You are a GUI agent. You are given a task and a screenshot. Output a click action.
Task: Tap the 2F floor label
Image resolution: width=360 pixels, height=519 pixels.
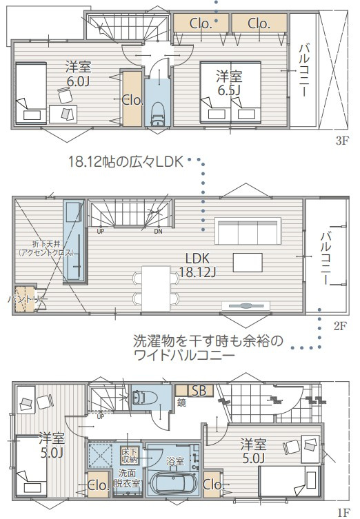click(339, 326)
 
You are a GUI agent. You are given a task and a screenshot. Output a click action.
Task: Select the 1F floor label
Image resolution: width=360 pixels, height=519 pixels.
click(342, 512)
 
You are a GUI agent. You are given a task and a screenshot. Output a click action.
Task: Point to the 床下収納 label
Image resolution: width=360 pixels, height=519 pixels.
click(130, 454)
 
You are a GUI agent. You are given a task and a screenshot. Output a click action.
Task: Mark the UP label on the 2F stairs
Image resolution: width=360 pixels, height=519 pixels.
click(101, 231)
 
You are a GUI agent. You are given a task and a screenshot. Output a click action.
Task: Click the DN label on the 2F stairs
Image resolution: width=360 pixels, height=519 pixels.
click(158, 231)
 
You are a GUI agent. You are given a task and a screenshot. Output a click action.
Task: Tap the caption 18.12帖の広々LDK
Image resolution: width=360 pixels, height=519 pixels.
click(125, 162)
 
